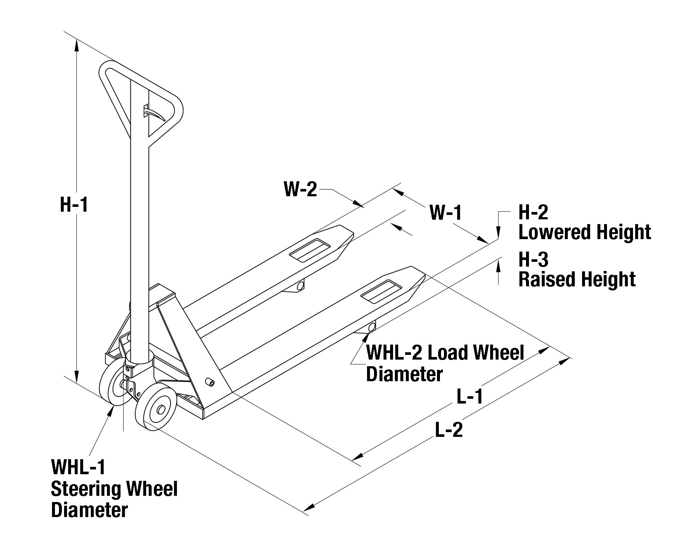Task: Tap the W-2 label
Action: tap(300, 190)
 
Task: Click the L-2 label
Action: tap(449, 430)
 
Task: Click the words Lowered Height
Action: tap(585, 232)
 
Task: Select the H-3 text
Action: tap(533, 259)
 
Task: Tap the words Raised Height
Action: tap(577, 279)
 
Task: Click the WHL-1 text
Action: tap(78, 467)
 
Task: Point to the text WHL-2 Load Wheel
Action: tap(445, 352)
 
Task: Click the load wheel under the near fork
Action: tap(372, 327)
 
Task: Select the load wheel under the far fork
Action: tap(300, 285)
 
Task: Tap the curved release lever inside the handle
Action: tap(154, 114)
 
